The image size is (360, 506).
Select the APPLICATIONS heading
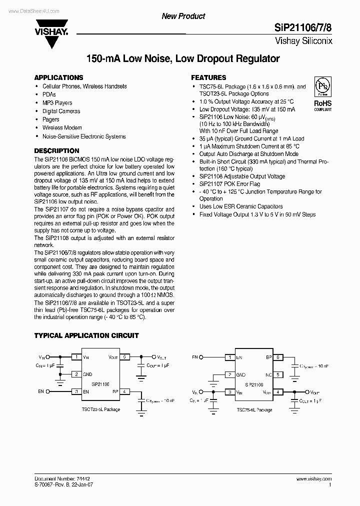coord(58,78)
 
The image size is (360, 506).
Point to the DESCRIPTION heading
coord(56,150)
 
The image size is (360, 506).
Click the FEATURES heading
coord(208,78)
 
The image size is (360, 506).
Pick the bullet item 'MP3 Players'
coord(57,103)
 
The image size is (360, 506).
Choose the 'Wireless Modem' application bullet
coord(62,128)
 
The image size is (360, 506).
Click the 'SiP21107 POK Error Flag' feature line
coord(229,184)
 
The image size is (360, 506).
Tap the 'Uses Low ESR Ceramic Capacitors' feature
coord(241,206)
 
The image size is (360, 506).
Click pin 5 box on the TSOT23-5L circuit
coord(125,357)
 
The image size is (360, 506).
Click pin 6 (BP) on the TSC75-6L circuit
coord(278,357)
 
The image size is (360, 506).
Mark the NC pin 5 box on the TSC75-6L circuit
coord(278,374)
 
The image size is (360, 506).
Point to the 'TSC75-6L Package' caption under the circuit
coord(254,410)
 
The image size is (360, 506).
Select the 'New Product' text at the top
coord(183,16)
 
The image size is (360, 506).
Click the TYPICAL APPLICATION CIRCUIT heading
coord(86,335)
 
